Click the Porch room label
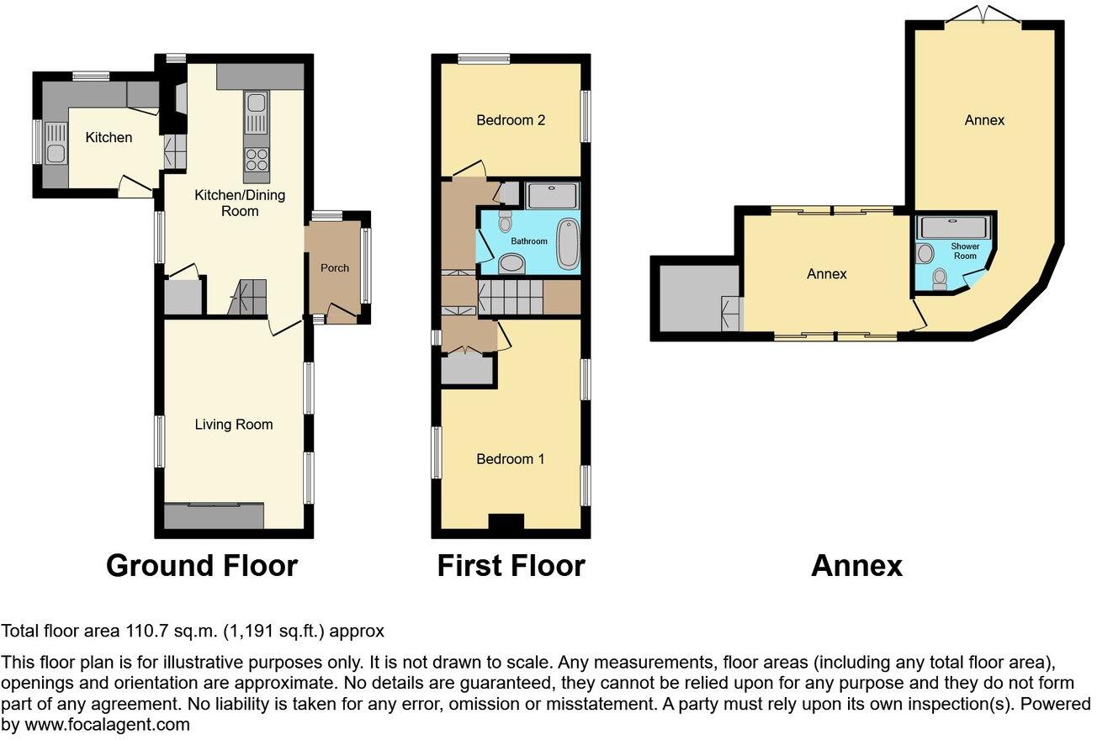(335, 268)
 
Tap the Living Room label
(233, 425)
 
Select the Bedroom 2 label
(511, 120)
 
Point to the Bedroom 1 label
(511, 459)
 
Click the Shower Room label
(965, 251)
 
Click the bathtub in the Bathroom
(568, 244)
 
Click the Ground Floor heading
(202, 566)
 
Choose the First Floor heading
(511, 566)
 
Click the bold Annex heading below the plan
(856, 566)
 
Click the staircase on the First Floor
(509, 298)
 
